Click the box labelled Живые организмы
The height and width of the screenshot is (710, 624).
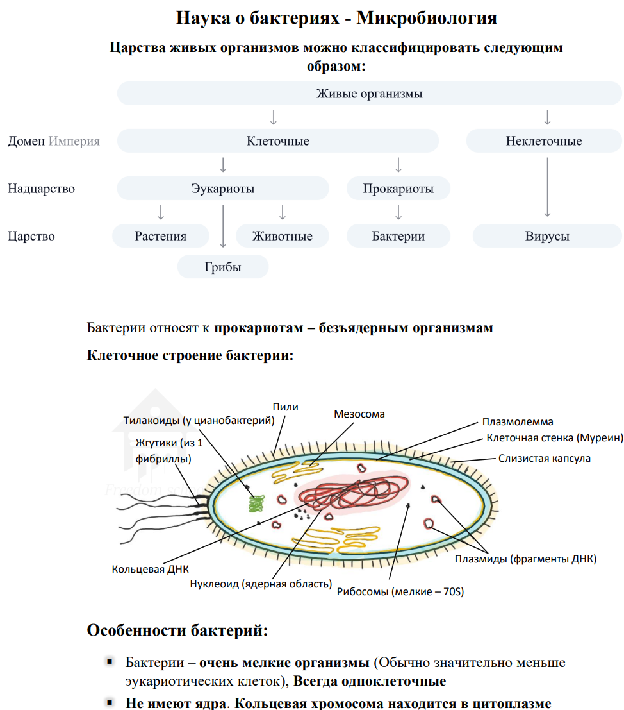coord(369,94)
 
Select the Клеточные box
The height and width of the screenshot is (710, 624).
coord(277,141)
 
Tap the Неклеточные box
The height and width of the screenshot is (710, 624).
coord(543,141)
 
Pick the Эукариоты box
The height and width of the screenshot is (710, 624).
coord(222,189)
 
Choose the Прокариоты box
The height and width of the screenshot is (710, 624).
coord(398,189)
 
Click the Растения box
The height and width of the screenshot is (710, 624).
coord(160,236)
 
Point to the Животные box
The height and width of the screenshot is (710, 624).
coord(282,236)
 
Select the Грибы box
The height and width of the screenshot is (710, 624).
coord(222,267)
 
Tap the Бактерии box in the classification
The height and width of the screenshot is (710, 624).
coord(398,236)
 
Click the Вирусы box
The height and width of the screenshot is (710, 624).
coord(546,236)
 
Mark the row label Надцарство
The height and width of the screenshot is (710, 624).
coord(41,189)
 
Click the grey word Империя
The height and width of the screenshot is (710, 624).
coord(74,141)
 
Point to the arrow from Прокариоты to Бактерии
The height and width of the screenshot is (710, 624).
coord(398,212)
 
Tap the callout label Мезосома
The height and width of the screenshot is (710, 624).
coord(359,414)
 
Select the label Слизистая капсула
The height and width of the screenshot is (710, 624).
coord(544,459)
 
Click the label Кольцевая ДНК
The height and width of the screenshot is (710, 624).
coord(150,569)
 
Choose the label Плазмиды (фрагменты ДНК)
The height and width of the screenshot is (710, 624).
coord(525,559)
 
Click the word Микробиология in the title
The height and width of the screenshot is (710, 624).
coord(427,17)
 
